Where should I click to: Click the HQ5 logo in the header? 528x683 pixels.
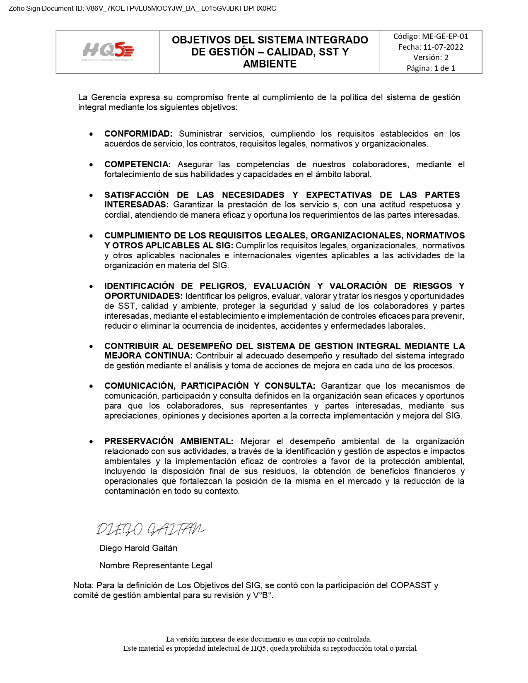point(108,51)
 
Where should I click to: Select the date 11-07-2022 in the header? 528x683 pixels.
point(443,47)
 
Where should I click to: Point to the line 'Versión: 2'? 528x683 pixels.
point(431,58)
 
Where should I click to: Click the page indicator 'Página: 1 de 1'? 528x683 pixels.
point(431,68)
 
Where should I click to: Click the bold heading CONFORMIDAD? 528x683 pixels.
point(138,134)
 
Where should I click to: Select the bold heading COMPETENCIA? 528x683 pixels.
point(137,164)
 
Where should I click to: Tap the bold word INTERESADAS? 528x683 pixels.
point(136,204)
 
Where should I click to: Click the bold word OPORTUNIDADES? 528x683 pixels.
point(143,296)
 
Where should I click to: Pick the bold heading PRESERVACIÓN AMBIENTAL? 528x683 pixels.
point(169,441)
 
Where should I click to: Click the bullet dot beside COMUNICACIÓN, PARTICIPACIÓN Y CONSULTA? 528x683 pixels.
point(91,386)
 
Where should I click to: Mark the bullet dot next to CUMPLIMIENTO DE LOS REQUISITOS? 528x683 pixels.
point(91,236)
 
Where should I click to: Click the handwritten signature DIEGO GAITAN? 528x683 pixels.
point(150,529)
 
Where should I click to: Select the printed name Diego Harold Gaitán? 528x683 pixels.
point(138,548)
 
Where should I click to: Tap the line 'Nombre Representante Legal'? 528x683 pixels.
point(156,565)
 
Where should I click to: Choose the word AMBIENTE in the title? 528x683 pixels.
point(270,64)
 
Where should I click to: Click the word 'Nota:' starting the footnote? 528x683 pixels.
point(83,585)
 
